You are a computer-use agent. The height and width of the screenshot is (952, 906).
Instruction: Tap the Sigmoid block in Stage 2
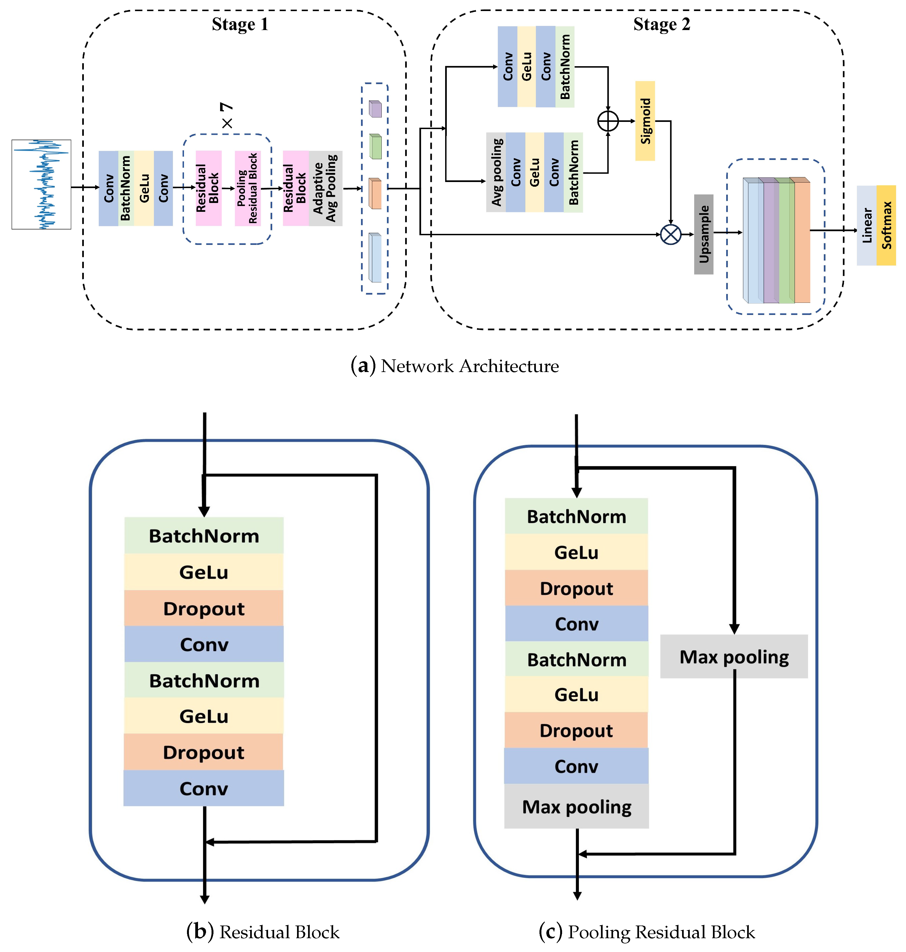645,121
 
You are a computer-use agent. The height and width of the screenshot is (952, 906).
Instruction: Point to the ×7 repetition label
226,116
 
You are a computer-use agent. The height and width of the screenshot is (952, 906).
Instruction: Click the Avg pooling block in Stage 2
496,172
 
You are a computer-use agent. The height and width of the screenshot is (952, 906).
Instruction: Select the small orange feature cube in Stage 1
375,193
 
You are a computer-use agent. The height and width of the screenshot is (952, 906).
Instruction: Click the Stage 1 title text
240,24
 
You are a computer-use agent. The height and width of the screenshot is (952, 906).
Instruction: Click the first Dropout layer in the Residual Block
204,608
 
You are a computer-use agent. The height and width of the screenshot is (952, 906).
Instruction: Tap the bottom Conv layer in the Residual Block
204,788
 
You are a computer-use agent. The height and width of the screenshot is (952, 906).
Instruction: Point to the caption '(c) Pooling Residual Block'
647,932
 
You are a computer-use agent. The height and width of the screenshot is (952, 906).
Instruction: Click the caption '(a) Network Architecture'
455,366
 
